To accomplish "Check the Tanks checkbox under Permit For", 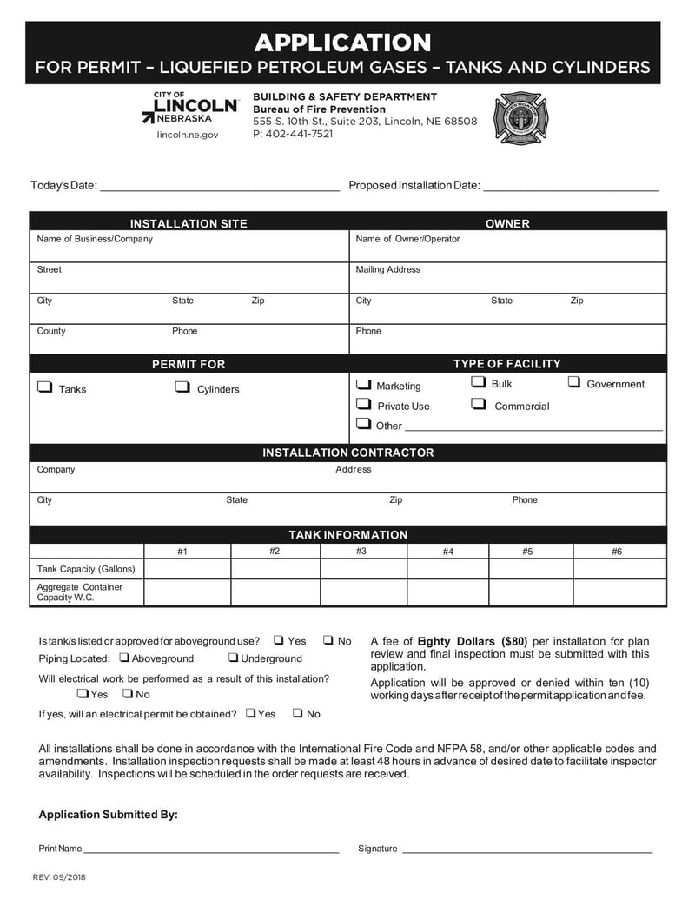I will pos(44,388).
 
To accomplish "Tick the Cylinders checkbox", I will pos(182,388).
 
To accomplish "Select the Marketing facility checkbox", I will pos(363,385).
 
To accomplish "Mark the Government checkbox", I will pos(574,382).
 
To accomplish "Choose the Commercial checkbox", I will pos(478,404).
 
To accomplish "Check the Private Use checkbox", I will pos(363,405).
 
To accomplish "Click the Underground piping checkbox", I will pos(234,658).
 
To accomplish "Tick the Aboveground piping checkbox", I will pos(124,658).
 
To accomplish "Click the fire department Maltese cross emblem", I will pos(521,118).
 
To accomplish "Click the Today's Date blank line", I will pos(219,185).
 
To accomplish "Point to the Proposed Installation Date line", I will pos(570,185).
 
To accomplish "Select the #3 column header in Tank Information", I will pos(361,552).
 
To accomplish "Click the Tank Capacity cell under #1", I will pos(187,569).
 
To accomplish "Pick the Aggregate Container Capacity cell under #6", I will pos(619,592).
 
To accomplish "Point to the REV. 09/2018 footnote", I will pos(59,877).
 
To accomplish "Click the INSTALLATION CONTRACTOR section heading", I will pos(347,453).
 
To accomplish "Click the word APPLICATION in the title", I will pos(342,43).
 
